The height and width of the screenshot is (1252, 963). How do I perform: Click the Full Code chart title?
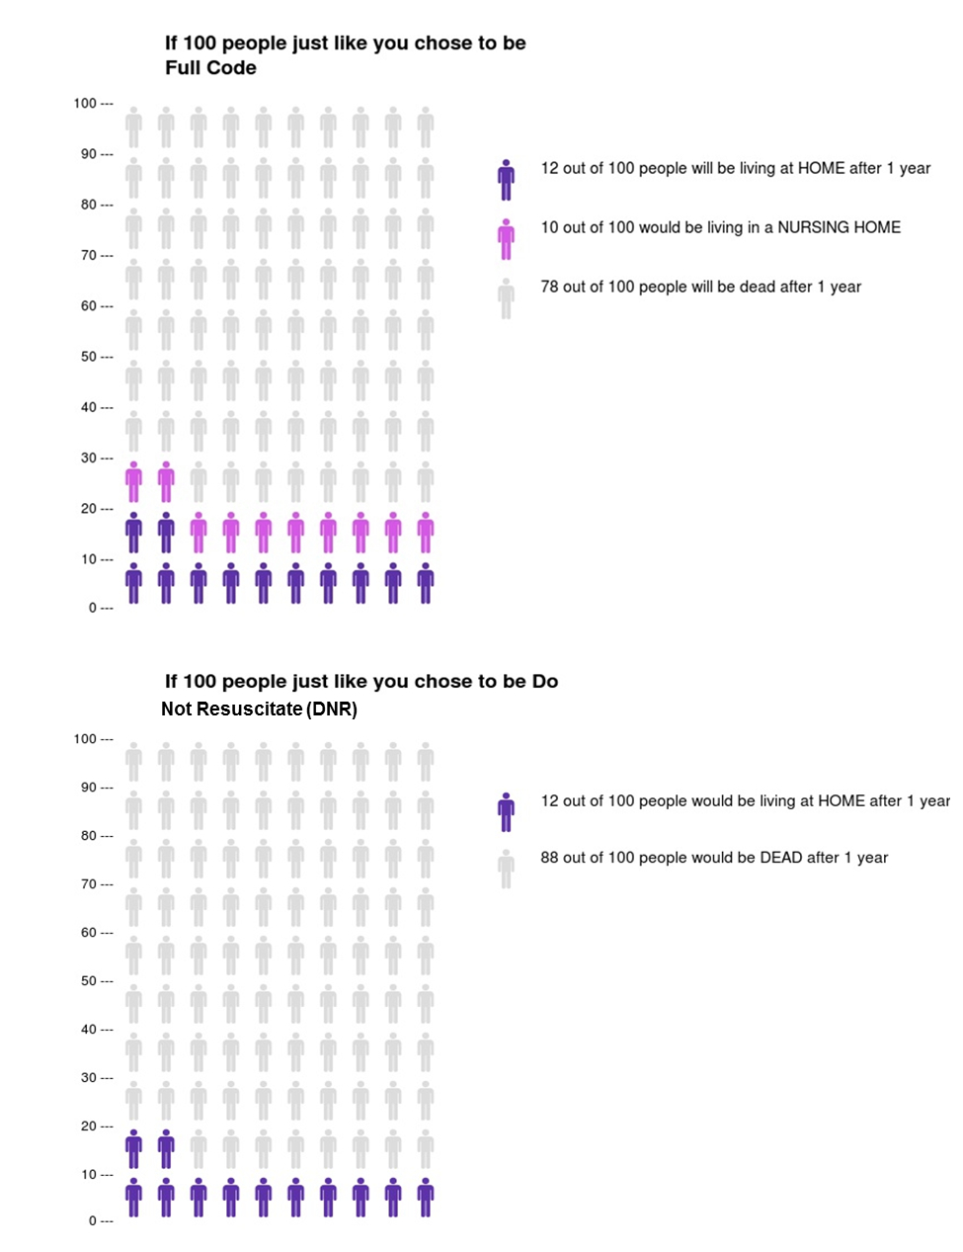345,55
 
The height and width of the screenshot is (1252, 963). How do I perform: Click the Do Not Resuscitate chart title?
361,694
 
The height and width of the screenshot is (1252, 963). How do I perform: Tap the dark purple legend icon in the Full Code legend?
506,179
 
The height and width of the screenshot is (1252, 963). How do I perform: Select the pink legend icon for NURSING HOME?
506,238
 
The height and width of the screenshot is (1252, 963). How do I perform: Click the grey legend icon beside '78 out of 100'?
506,297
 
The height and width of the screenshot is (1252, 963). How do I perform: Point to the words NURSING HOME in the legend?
839,227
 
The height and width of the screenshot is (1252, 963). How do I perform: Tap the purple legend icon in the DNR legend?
506,811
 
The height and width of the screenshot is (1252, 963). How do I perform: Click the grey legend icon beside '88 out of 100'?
506,869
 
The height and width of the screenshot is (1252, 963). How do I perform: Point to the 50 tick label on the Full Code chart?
89,356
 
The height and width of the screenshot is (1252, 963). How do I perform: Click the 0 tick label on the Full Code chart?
93,608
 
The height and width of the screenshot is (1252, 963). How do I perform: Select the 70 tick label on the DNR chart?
89,884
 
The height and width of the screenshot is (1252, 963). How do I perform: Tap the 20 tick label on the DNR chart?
89,1127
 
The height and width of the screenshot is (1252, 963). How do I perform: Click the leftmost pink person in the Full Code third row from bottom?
133,481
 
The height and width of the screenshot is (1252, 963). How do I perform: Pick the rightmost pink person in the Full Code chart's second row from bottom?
425,532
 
